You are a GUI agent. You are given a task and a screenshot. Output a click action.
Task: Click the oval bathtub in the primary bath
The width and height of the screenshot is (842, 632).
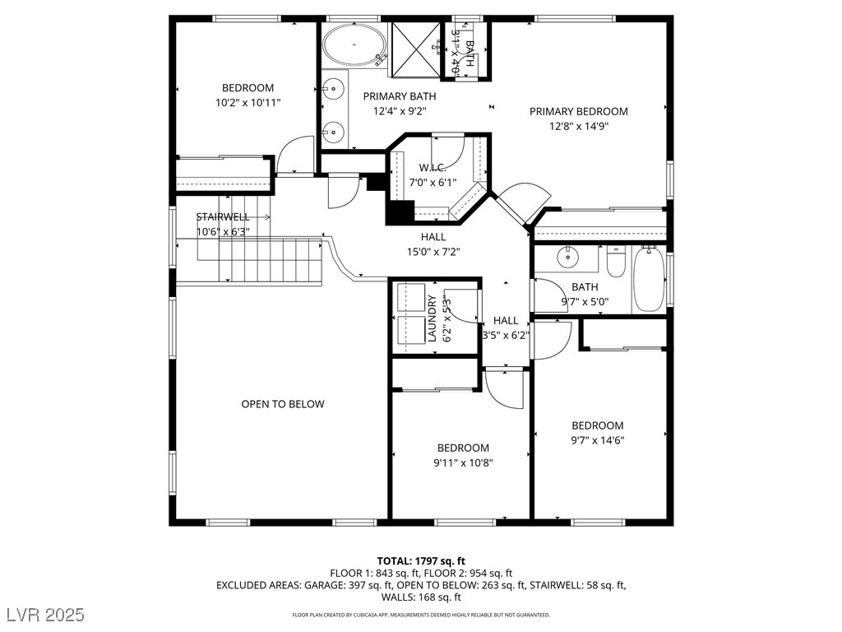tap(354, 46)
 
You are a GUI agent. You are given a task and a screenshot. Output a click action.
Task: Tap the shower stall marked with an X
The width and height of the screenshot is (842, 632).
tap(416, 49)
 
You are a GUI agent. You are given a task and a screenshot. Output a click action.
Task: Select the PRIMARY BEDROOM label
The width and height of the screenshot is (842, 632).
tap(578, 112)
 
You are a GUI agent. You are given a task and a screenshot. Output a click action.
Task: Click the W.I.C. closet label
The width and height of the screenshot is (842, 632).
tap(432, 168)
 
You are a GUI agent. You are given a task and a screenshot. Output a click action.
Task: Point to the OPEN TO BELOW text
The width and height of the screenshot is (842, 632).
tap(282, 404)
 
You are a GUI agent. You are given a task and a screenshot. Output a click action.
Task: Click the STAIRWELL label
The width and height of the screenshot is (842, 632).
tap(222, 217)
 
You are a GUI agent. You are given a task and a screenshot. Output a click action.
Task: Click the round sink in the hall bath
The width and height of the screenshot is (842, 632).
tap(569, 258)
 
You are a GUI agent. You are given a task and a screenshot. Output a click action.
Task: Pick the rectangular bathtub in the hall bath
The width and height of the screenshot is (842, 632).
tap(649, 280)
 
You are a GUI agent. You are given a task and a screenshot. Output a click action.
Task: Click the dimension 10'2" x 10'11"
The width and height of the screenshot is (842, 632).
tap(248, 103)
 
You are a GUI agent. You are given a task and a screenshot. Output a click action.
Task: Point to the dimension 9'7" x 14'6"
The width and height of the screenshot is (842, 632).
tap(598, 439)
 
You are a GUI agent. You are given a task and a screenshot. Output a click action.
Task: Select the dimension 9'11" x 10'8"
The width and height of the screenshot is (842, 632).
tap(462, 462)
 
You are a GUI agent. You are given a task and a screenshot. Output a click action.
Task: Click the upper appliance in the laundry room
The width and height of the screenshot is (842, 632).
tap(409, 298)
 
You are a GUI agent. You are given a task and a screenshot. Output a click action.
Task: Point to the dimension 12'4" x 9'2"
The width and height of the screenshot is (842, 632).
tap(400, 110)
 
